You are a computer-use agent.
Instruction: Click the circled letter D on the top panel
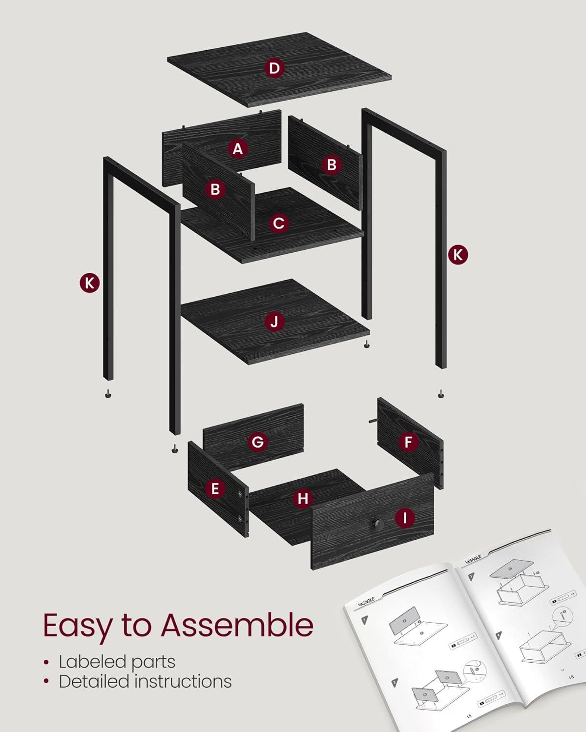(x=274, y=68)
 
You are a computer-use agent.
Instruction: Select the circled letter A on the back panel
(x=238, y=148)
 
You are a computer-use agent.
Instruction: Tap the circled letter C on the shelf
(x=278, y=224)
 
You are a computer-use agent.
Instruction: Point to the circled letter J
(x=274, y=322)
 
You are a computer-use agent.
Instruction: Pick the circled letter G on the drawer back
(x=257, y=442)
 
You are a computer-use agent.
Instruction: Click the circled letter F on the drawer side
(x=408, y=443)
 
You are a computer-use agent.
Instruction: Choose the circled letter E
(x=215, y=488)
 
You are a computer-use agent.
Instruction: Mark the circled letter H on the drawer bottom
(x=303, y=499)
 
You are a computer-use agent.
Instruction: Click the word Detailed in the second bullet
(x=94, y=681)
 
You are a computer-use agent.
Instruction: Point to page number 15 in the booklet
(x=469, y=715)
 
